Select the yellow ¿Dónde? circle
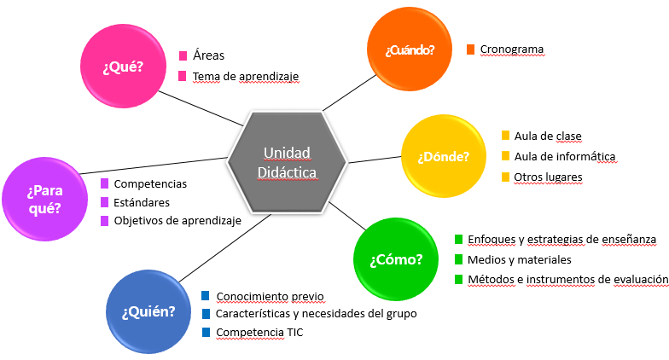(x=443, y=156)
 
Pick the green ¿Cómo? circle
(x=396, y=258)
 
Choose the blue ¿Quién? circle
(x=148, y=311)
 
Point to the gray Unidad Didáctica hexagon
(x=287, y=162)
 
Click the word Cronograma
(x=511, y=49)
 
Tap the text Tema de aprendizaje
(x=246, y=76)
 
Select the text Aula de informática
(x=564, y=156)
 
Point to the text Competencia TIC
(x=259, y=332)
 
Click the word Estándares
(x=142, y=202)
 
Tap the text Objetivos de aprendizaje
(x=177, y=220)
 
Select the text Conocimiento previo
(x=270, y=297)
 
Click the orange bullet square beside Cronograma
(x=470, y=49)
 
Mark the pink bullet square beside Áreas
(x=183, y=55)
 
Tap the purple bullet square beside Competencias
(x=104, y=183)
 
